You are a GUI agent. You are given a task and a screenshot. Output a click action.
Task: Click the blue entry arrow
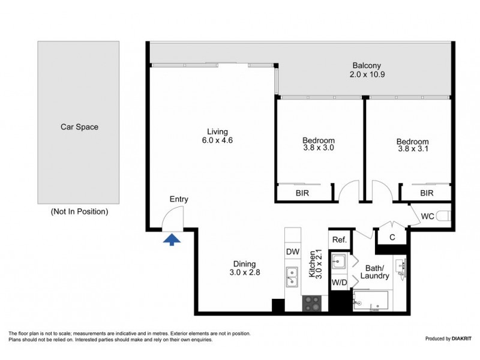tap(172, 239)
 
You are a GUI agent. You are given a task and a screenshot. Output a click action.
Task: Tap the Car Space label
tap(79, 127)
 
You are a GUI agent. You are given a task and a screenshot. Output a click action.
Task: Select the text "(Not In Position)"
tap(79, 211)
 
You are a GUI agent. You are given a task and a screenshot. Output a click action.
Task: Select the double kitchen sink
tap(292, 277)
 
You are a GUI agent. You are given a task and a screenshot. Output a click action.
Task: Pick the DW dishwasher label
tap(292, 252)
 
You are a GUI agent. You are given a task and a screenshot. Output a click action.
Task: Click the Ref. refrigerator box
tap(339, 239)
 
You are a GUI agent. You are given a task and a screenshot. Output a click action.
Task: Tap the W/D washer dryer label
tap(339, 282)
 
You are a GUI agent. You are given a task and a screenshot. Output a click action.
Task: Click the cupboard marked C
tap(392, 238)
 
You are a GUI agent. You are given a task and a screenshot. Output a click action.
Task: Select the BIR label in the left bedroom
tap(303, 193)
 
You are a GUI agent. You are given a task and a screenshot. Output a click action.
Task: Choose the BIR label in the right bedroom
tap(427, 193)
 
